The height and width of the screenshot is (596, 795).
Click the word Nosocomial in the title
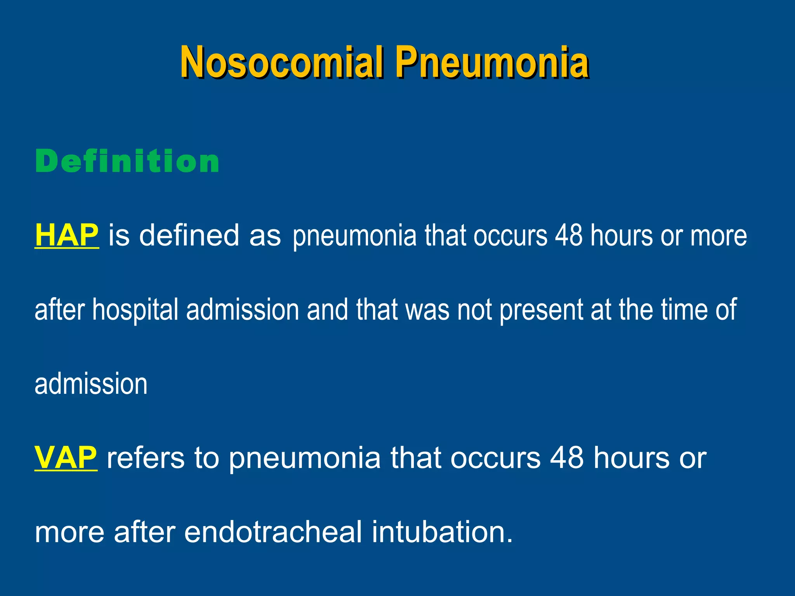click(282, 62)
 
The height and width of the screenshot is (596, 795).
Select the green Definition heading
click(127, 161)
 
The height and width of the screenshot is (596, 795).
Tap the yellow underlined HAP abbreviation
click(66, 235)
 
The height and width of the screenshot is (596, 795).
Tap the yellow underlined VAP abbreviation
click(66, 458)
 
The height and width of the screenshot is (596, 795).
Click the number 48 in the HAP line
click(568, 235)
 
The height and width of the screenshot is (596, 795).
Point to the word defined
click(189, 235)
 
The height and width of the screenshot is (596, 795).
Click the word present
click(541, 310)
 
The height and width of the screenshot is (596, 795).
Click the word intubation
click(442, 532)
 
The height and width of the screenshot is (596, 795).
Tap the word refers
click(146, 458)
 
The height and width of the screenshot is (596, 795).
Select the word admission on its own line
click(91, 384)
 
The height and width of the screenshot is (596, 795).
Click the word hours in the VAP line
click(631, 458)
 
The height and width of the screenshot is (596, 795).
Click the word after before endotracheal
click(144, 532)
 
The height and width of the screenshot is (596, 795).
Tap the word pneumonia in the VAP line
click(305, 458)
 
